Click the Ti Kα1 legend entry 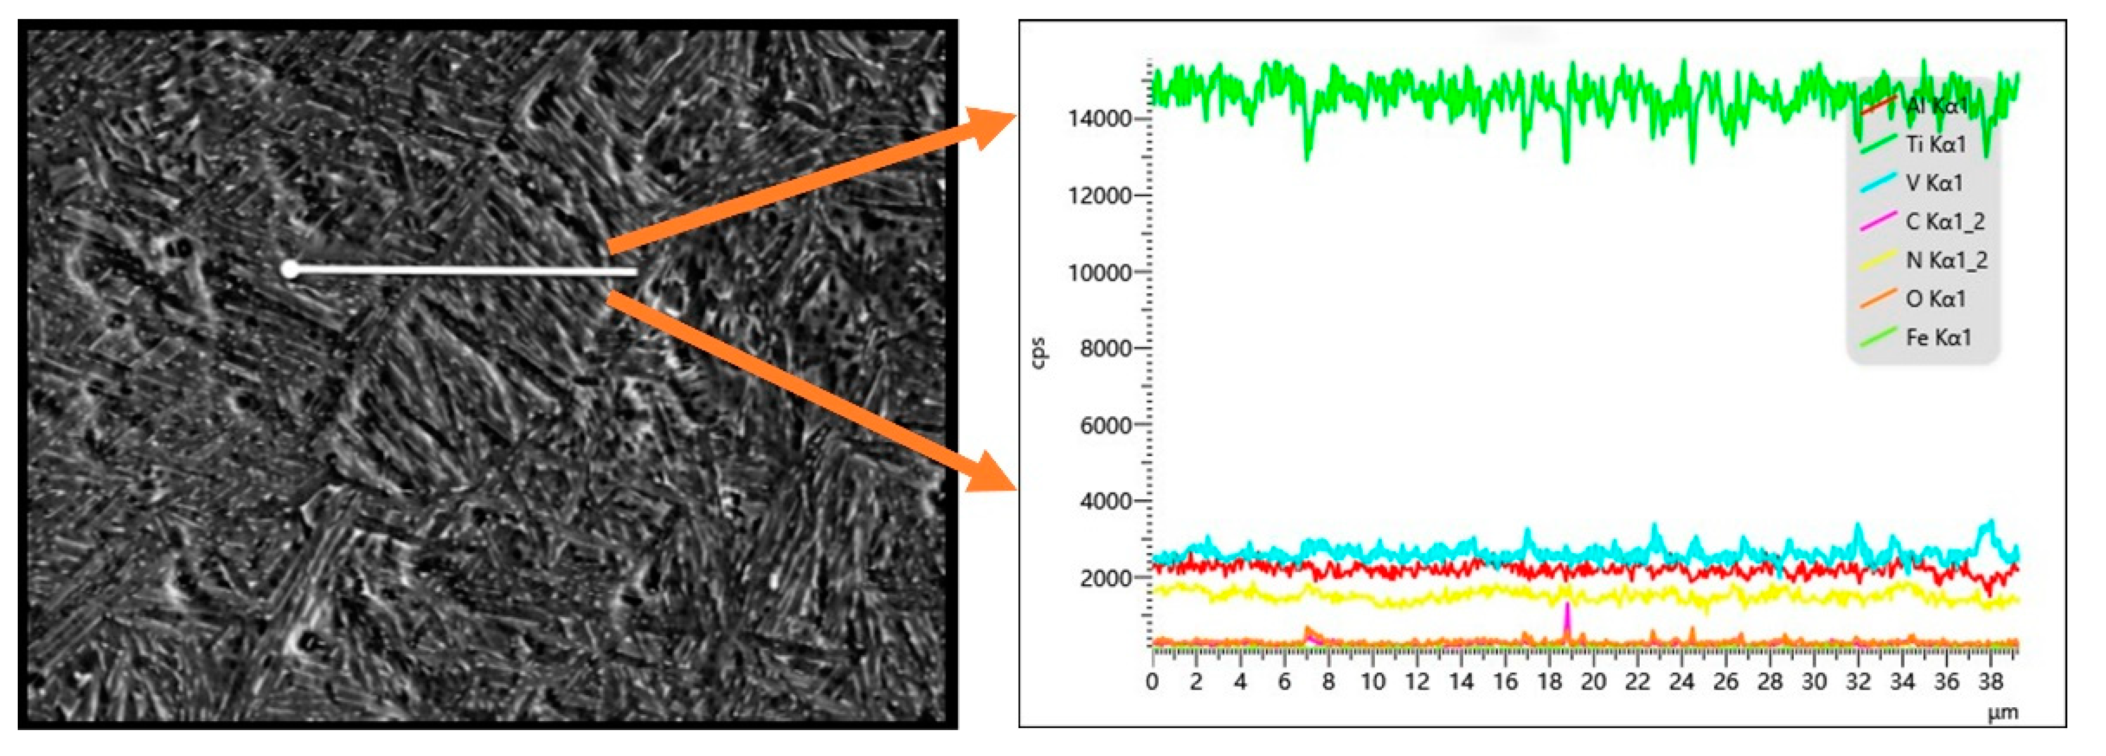pyautogui.click(x=1935, y=144)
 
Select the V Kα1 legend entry pyautogui.click(x=1934, y=183)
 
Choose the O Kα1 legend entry pyautogui.click(x=1935, y=299)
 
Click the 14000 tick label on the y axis pyautogui.click(x=1100, y=119)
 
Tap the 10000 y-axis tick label pyautogui.click(x=1100, y=273)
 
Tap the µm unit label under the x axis pyautogui.click(x=2003, y=713)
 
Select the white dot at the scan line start pyautogui.click(x=290, y=269)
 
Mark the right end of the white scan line pyautogui.click(x=635, y=271)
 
